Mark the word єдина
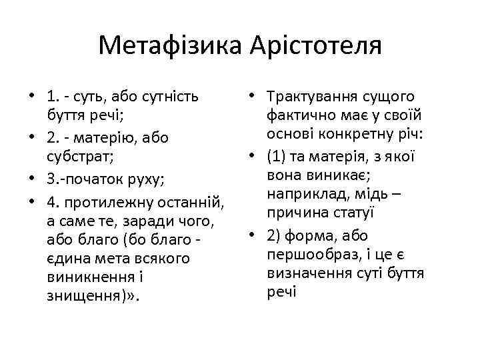68,257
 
